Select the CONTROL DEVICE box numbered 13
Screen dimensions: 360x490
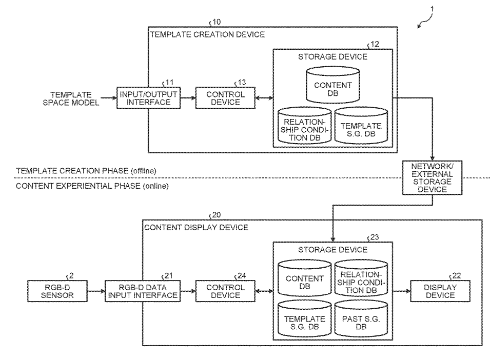225,98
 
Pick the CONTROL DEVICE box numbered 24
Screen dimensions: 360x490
225,291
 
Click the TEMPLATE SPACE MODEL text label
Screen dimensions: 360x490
71,98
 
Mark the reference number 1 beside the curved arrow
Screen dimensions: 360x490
432,8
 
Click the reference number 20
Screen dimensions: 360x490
217,214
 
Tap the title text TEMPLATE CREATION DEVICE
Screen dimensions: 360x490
207,35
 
